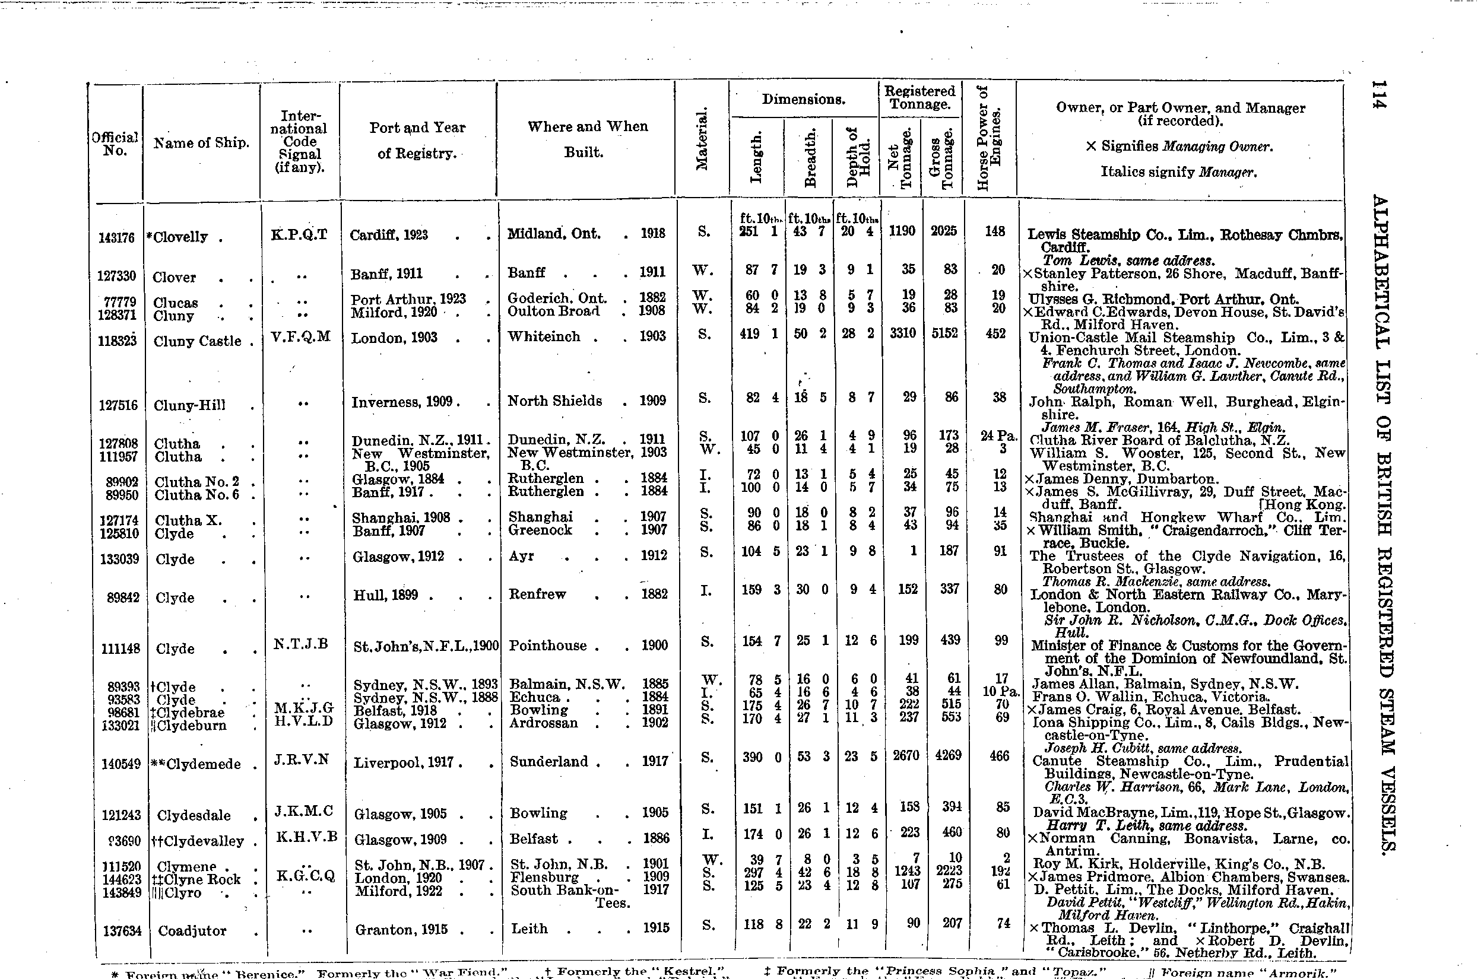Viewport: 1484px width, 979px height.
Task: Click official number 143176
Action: click(117, 237)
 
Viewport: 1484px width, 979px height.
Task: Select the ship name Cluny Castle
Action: click(197, 341)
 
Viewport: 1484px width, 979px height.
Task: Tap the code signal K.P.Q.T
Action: click(299, 234)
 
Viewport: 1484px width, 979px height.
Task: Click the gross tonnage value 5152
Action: click(944, 333)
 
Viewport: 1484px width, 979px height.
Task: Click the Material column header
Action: click(702, 139)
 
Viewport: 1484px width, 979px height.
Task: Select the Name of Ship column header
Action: click(201, 143)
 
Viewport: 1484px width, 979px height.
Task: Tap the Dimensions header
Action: click(803, 99)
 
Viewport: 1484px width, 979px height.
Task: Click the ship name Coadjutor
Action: click(192, 931)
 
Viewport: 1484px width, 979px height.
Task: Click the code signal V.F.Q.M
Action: click(300, 337)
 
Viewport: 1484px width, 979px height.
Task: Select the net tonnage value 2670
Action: click(906, 755)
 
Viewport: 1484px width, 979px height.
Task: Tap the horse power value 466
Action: click(1000, 755)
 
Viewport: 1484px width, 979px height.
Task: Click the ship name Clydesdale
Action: click(194, 815)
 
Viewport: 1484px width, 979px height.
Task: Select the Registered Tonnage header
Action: click(919, 97)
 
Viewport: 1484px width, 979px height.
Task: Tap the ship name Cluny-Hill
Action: click(189, 405)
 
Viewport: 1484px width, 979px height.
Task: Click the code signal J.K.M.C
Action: click(303, 811)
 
